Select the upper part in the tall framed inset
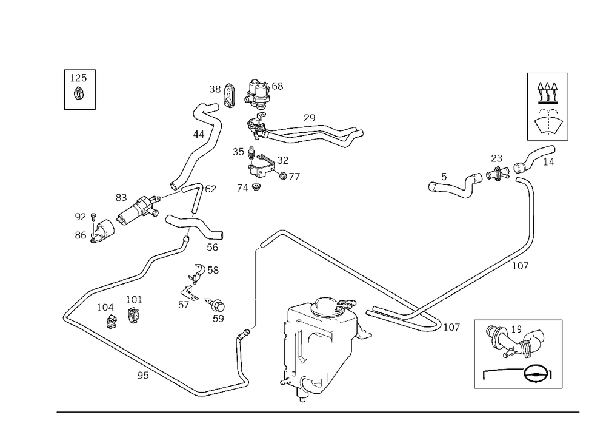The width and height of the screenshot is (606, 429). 547,91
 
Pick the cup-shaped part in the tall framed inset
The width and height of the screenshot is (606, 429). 548,121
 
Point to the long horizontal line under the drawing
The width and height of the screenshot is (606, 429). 318,411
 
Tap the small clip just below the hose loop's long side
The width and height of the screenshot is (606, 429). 144,375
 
